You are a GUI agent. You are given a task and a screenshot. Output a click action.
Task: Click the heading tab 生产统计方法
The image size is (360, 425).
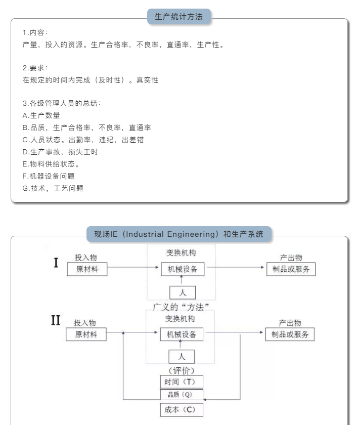click(x=178, y=17)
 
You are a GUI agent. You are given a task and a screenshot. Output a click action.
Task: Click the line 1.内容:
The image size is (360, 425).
click(x=35, y=32)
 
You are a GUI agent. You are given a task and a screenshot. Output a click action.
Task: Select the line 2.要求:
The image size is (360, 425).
click(x=35, y=68)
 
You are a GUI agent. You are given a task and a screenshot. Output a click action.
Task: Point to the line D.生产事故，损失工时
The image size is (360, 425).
click(x=60, y=152)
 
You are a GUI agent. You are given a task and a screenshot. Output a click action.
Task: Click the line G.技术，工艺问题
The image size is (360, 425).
click(x=53, y=188)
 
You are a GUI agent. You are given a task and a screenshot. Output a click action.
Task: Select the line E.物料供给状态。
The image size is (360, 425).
click(x=52, y=164)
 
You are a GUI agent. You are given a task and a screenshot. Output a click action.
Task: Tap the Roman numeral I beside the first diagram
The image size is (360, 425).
click(x=56, y=263)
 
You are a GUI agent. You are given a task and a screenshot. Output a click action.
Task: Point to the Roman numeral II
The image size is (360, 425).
click(x=56, y=321)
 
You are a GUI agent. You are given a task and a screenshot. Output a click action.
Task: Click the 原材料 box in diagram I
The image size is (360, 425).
click(x=87, y=269)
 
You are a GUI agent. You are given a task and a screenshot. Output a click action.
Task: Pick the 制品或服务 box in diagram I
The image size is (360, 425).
click(x=291, y=269)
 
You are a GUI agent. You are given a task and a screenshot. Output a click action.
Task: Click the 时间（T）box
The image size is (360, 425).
click(x=181, y=381)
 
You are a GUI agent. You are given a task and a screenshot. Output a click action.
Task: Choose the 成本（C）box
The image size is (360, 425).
click(x=181, y=409)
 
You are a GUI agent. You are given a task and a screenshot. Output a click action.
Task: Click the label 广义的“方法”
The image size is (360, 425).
click(x=181, y=307)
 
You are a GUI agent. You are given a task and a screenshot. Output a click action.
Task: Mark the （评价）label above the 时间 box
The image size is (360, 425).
click(x=181, y=370)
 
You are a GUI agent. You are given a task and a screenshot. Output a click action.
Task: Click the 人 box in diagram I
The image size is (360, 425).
click(x=182, y=292)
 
